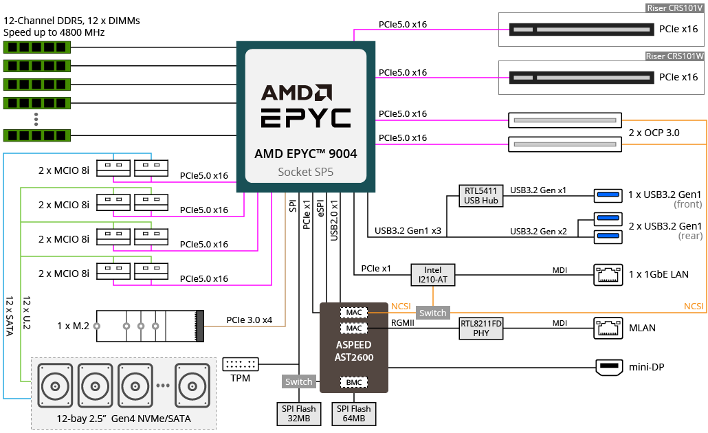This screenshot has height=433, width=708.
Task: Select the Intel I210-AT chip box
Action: click(x=432, y=274)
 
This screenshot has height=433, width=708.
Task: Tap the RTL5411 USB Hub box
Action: click(x=481, y=195)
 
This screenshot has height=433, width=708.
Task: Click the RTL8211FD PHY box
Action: click(x=481, y=329)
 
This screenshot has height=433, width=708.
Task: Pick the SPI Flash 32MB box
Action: click(x=299, y=414)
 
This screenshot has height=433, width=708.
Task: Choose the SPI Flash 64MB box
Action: click(x=353, y=414)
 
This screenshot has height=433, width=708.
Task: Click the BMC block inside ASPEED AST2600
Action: click(x=353, y=382)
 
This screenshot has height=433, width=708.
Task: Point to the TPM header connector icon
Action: click(x=241, y=364)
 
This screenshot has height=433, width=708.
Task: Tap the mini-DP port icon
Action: click(x=609, y=367)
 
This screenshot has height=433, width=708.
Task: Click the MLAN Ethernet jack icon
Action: click(x=608, y=329)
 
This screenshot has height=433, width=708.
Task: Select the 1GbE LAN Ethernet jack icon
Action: click(x=608, y=274)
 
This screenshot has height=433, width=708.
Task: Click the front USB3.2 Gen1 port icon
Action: click(x=608, y=195)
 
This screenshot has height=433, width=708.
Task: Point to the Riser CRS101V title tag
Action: click(x=674, y=8)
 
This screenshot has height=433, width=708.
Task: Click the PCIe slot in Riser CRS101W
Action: click(x=582, y=78)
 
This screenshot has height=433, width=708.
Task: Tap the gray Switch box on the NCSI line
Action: click(x=432, y=313)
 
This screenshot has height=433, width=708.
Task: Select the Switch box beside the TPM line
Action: click(x=298, y=381)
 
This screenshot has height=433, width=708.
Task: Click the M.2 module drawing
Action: click(x=150, y=326)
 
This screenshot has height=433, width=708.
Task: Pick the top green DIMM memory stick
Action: click(x=37, y=47)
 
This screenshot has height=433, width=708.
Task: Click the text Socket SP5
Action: click(x=306, y=172)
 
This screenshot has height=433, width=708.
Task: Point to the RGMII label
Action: click(x=402, y=323)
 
